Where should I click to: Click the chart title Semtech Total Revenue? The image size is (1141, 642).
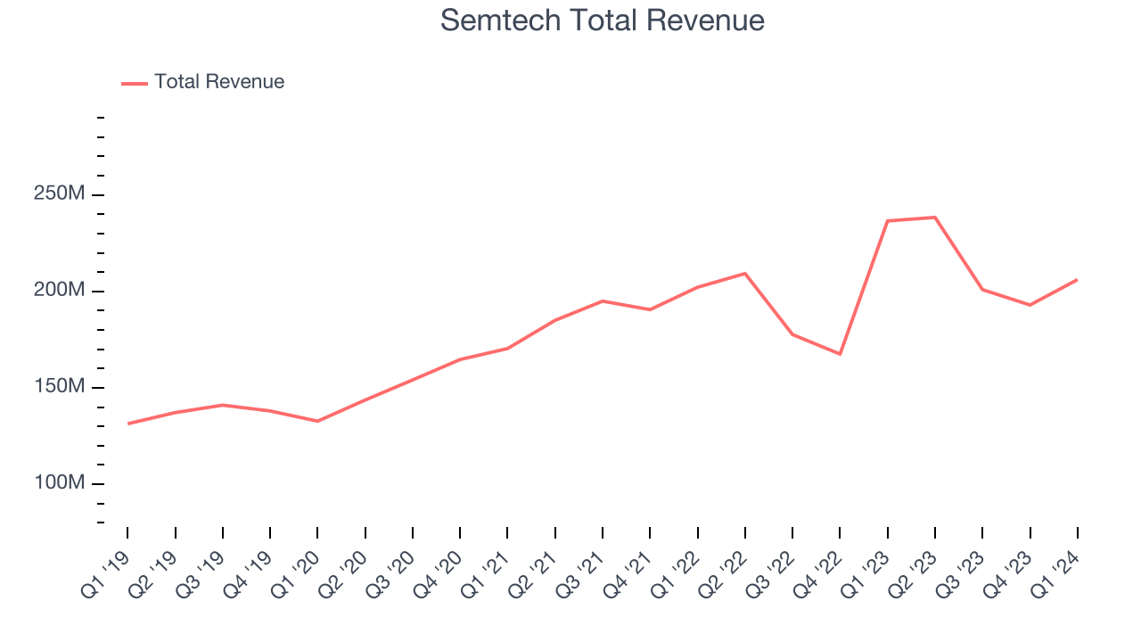pyautogui.click(x=603, y=21)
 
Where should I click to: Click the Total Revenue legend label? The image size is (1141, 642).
pyautogui.click(x=219, y=82)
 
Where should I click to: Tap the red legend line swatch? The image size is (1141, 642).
pyautogui.click(x=135, y=83)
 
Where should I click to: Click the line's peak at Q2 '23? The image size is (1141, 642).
pyautogui.click(x=935, y=218)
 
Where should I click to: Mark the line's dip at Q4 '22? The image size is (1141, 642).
pyautogui.click(x=840, y=354)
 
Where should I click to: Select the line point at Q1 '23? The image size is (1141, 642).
pyautogui.click(x=888, y=220)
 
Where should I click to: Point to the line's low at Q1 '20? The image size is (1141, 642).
pyautogui.click(x=317, y=421)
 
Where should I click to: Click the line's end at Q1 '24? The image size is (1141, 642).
pyautogui.click(x=1077, y=280)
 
